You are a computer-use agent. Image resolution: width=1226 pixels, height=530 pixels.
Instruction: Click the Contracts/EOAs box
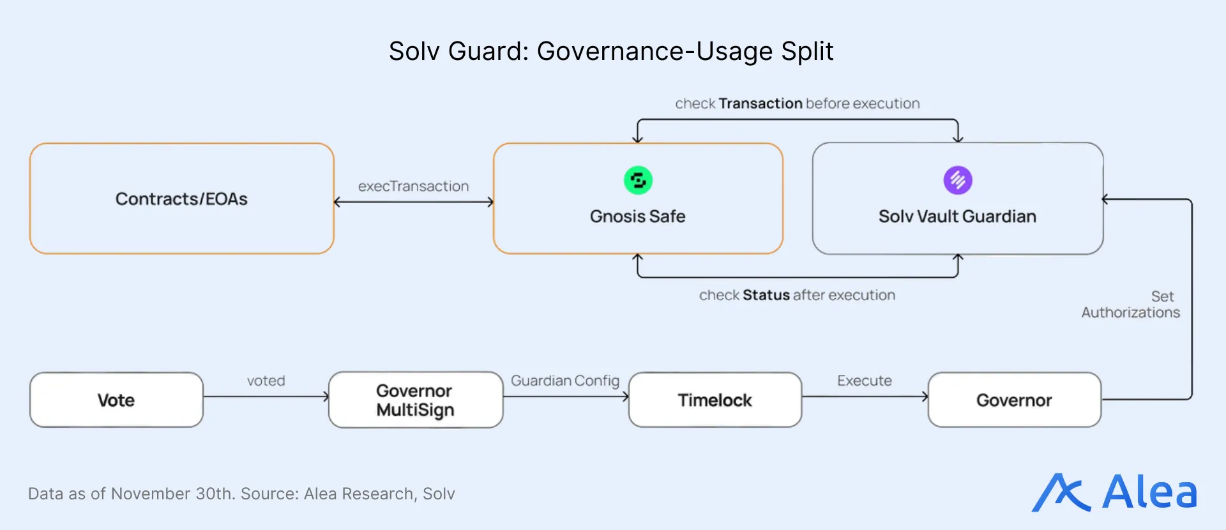pos(182,199)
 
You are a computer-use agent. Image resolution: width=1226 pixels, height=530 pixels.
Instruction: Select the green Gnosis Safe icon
pos(638,180)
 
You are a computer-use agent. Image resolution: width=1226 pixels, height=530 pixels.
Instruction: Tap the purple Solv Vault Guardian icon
pos(958,180)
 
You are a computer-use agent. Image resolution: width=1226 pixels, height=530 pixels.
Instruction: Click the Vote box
pos(116,400)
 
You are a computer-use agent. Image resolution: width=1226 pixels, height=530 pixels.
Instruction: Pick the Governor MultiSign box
pos(415,400)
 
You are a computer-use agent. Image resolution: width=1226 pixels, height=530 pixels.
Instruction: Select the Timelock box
pos(715,400)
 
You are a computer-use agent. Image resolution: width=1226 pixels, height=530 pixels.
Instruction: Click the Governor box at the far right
pos(1014,400)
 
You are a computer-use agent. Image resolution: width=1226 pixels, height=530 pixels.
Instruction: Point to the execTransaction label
pos(413,186)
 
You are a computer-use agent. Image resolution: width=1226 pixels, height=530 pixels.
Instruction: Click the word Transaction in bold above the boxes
pos(760,103)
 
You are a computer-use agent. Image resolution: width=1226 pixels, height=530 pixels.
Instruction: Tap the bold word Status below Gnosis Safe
pos(766,295)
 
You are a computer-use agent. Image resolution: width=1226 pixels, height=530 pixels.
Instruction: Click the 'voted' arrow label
pos(266,381)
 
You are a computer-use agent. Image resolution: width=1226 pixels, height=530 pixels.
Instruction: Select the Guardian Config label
pos(565,381)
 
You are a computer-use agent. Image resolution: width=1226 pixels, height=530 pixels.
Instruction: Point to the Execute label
pos(865,381)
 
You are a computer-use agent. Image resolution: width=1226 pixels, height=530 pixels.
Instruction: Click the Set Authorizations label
pos(1131,305)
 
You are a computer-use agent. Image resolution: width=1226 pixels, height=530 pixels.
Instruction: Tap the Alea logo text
pos(1149,492)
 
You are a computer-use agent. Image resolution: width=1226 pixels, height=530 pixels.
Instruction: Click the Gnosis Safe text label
pos(637,216)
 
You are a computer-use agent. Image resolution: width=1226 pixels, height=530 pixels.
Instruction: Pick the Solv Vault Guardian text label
pos(957,216)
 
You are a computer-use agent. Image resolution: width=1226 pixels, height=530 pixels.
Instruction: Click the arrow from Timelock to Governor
pos(865,397)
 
